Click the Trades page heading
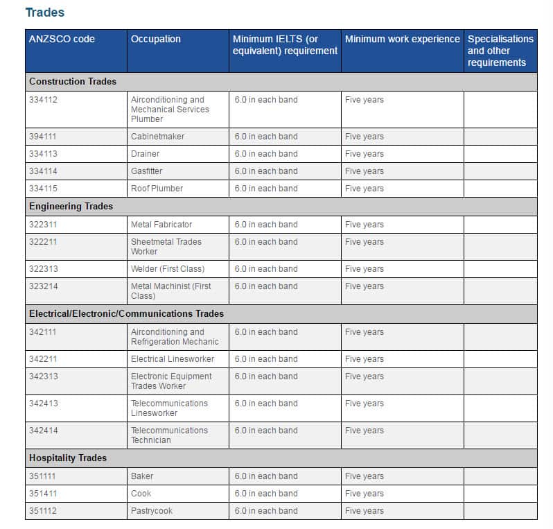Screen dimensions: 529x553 tap(44, 12)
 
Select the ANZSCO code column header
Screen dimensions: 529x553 tap(62, 39)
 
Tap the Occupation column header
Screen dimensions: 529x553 tap(156, 39)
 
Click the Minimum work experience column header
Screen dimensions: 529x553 tap(402, 39)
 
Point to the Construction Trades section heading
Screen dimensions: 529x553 tap(73, 82)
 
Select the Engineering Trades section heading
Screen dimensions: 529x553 tap(71, 207)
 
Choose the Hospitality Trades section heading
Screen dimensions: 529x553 tap(68, 458)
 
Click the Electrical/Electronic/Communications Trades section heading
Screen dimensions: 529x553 tap(126, 314)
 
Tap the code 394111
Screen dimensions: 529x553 tap(43, 137)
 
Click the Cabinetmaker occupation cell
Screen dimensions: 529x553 tap(157, 137)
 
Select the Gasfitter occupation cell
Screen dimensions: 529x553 tap(146, 171)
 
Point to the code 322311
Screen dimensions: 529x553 tap(43, 225)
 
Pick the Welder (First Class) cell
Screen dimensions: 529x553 tap(168, 269)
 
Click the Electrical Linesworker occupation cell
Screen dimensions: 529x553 tap(173, 359)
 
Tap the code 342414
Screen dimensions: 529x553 tap(43, 431)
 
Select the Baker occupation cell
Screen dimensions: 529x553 tap(142, 476)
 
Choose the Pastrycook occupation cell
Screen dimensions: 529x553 tap(152, 511)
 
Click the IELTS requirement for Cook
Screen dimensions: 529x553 tap(266, 494)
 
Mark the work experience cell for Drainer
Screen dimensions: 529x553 tap(364, 154)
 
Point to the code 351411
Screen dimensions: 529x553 tap(43, 494)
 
